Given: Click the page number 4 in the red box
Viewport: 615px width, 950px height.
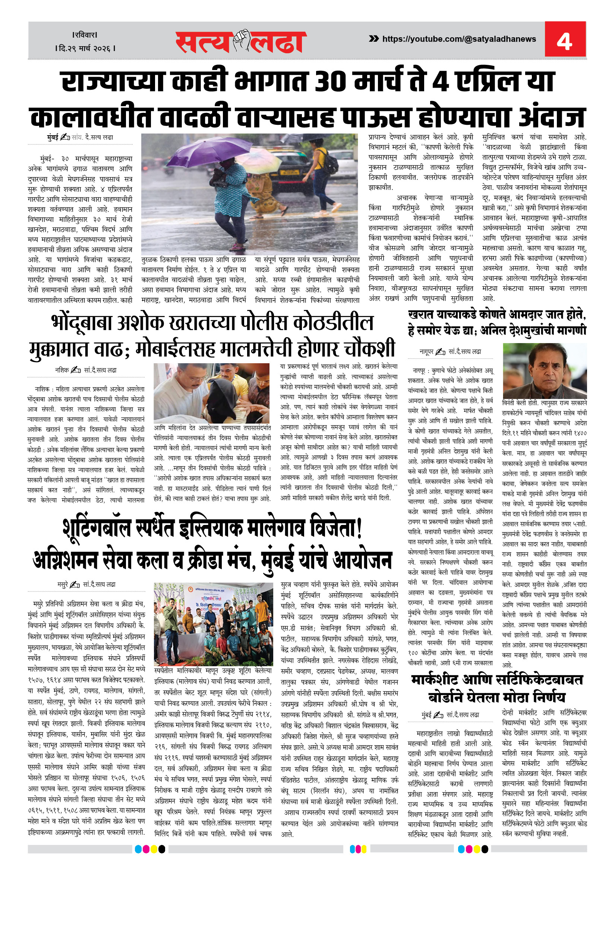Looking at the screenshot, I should point(564,40).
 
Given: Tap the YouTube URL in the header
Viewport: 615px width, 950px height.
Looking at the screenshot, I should point(459,39).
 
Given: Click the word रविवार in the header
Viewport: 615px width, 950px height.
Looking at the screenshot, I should point(85,35).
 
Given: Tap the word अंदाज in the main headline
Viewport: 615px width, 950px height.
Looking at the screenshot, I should point(552,118).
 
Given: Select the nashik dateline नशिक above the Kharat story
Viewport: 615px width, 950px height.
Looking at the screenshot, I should point(61,370).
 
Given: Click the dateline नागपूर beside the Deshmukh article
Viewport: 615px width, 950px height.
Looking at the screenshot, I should point(426,352).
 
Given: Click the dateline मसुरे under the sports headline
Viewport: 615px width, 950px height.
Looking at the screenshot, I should point(62,585).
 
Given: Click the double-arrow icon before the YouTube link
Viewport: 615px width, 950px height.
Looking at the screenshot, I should point(373,39).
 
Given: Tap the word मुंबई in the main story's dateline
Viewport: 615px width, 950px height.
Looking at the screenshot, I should point(53,137).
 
